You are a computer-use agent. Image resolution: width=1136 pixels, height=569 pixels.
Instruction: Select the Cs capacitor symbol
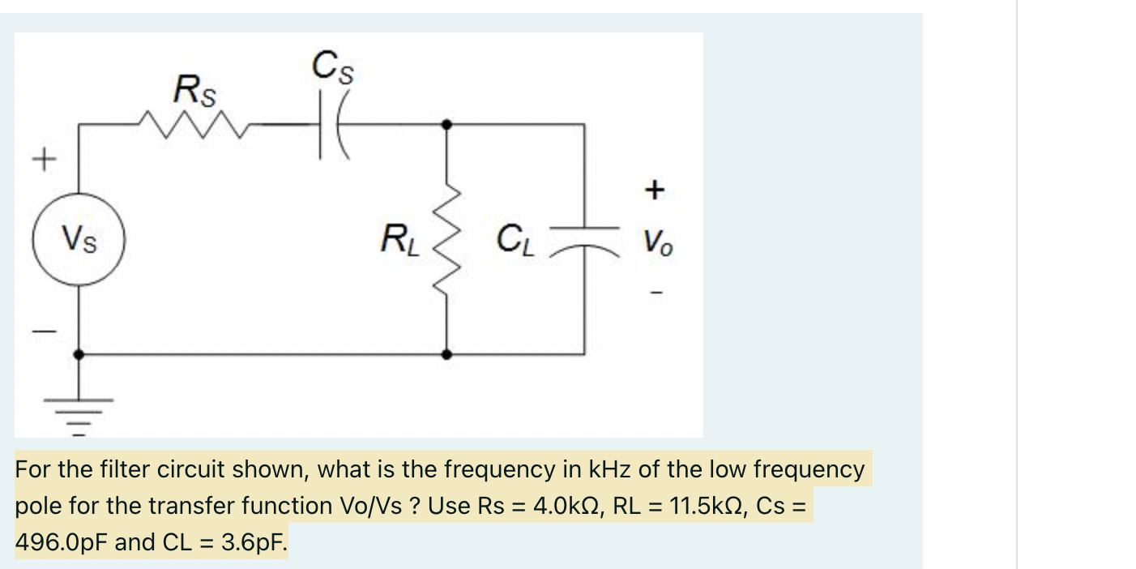tap(332, 124)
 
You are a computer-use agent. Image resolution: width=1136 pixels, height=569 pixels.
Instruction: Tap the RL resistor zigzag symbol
tap(446, 240)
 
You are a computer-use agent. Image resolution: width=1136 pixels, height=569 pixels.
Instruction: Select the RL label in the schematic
tap(401, 241)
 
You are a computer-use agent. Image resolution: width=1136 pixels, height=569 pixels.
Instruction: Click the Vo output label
tap(657, 242)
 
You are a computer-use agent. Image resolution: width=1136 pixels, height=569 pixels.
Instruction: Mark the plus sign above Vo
tap(655, 190)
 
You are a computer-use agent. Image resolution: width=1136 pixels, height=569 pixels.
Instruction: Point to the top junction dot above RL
tap(446, 124)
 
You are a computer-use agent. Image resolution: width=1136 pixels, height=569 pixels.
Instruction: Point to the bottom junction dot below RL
tap(446, 354)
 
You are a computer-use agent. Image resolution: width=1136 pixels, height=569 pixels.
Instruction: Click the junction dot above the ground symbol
tap(79, 354)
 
